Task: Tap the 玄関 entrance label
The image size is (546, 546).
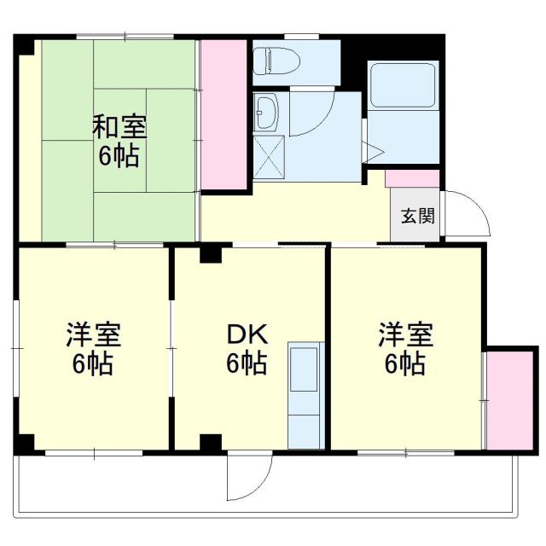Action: pos(418,216)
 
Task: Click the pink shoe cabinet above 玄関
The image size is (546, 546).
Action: pos(413,179)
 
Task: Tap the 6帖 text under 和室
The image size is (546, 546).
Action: pos(119,158)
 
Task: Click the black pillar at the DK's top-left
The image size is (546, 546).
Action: pos(210,253)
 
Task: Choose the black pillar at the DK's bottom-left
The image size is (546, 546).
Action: pos(210,442)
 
